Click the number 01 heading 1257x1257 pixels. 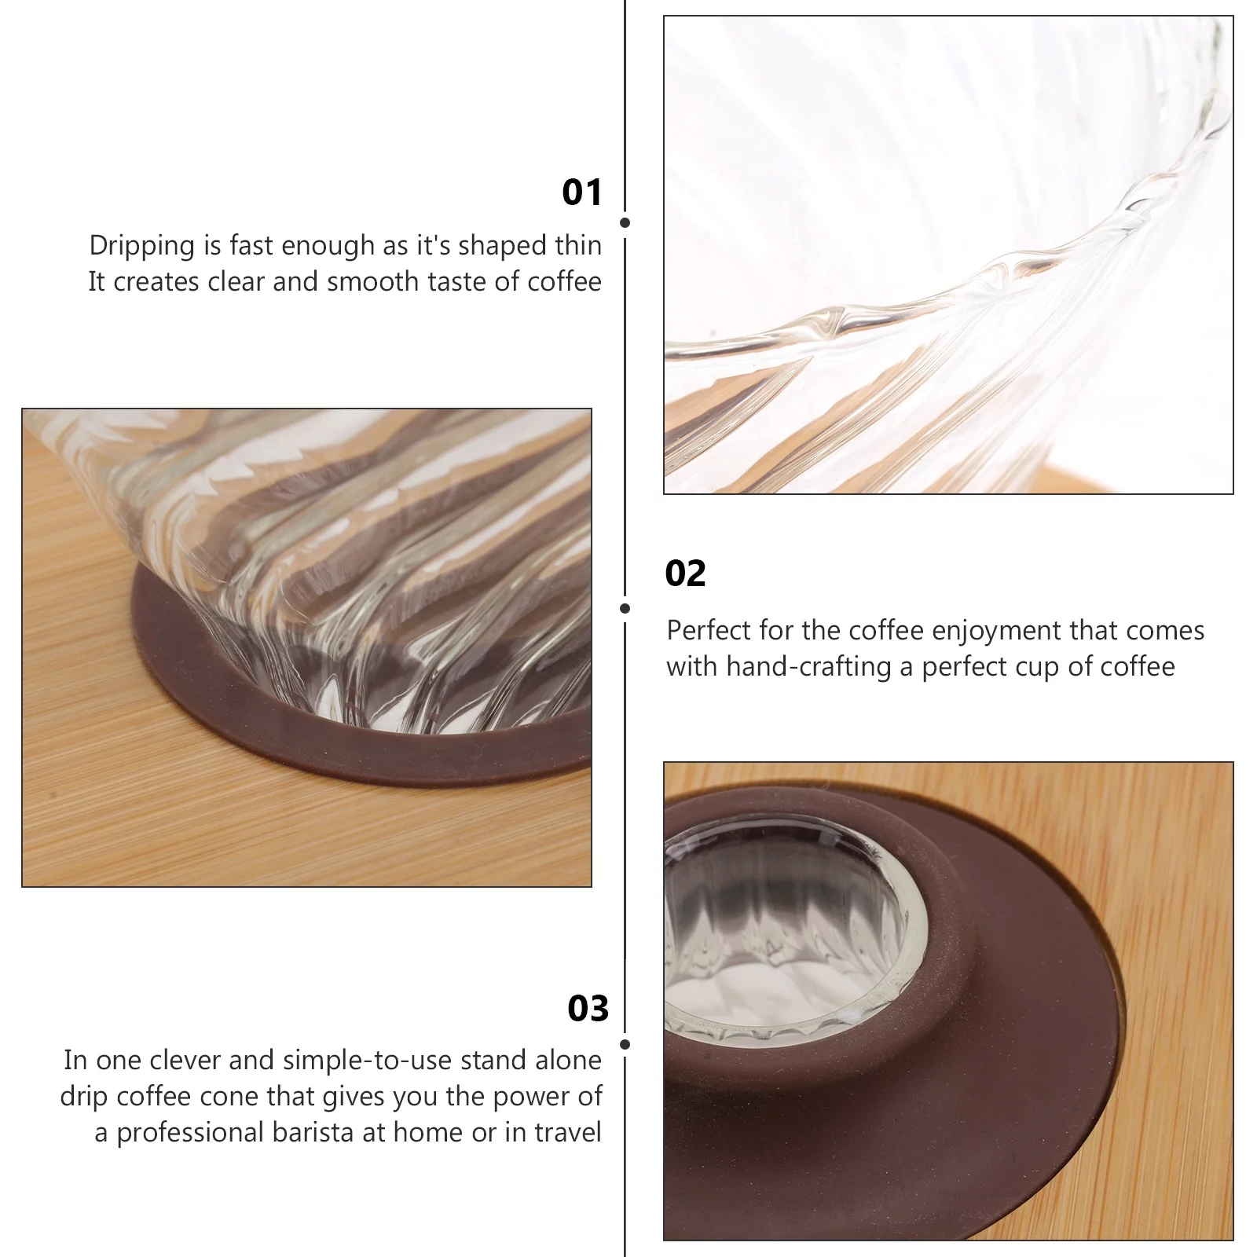[x=582, y=192]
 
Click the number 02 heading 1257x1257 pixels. [x=686, y=574]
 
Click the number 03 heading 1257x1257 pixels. [x=588, y=1009]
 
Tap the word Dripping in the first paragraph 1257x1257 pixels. [x=142, y=247]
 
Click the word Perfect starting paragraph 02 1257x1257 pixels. [x=709, y=630]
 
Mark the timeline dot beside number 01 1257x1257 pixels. [x=625, y=223]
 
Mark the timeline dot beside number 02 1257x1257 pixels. [x=625, y=608]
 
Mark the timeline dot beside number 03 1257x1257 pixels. [x=625, y=1044]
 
